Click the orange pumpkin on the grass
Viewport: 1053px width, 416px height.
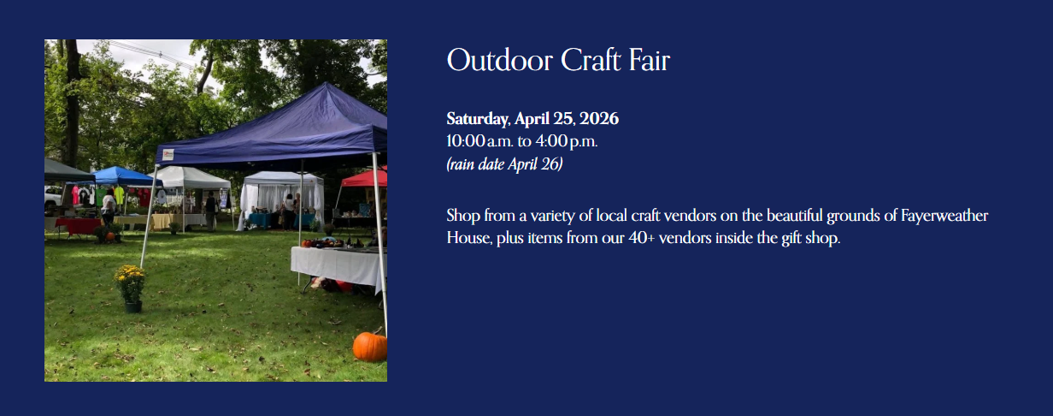tap(370, 346)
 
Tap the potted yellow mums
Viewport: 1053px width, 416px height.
tap(130, 282)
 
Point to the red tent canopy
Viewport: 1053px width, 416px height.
tap(366, 178)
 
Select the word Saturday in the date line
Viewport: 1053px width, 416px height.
tap(478, 118)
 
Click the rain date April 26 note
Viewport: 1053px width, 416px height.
tap(504, 164)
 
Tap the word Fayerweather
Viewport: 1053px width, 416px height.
tap(944, 216)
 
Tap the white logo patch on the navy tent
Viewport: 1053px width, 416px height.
tap(168, 155)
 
